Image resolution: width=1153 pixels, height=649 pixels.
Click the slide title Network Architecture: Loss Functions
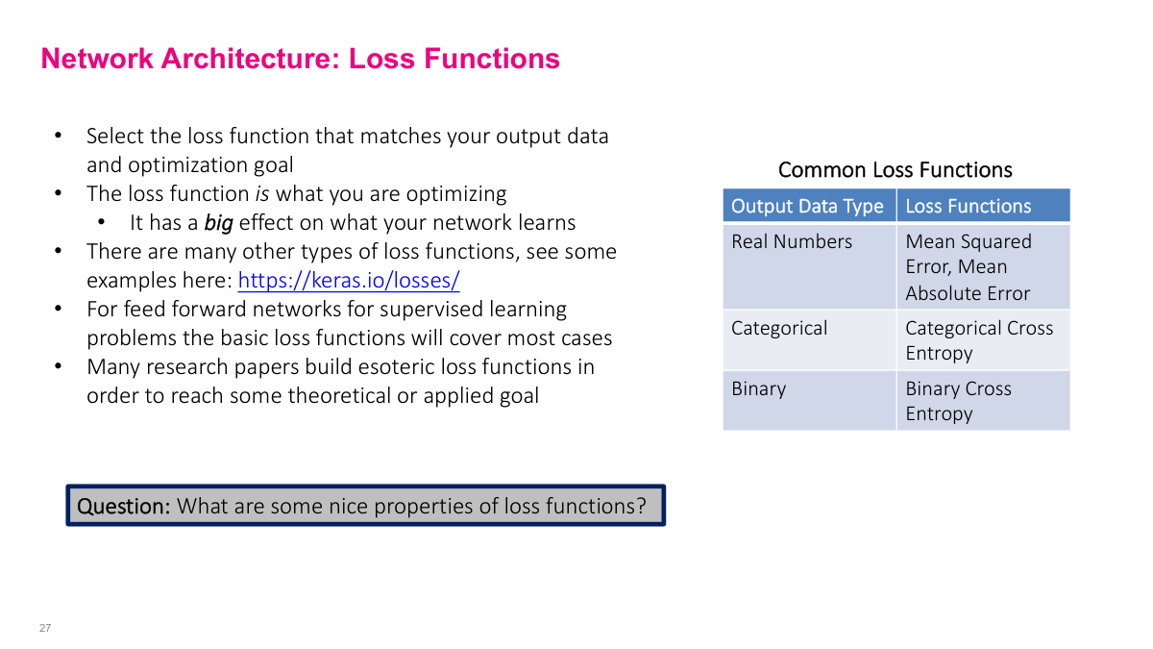[x=300, y=59]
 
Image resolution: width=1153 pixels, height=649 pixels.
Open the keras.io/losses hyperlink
[x=348, y=281]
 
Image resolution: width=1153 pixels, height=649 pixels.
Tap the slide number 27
[x=45, y=628]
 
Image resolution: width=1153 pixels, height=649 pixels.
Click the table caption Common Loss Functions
[x=895, y=170]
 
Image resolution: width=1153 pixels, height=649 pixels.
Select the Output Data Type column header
[x=807, y=206]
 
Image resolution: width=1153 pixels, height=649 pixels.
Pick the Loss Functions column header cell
[x=968, y=206]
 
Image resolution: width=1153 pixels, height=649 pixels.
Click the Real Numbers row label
[x=792, y=241]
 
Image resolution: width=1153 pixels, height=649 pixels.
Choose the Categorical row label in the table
[x=779, y=328]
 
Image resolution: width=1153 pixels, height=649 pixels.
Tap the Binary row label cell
[x=758, y=388]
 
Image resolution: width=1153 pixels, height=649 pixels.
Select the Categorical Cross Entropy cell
[x=979, y=340]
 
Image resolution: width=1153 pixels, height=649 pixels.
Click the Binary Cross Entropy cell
[x=958, y=401]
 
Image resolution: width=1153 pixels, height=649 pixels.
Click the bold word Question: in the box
[x=123, y=506]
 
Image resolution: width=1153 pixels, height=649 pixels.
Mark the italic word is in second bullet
[x=262, y=194]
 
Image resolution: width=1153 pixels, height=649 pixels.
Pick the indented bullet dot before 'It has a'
[x=101, y=223]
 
